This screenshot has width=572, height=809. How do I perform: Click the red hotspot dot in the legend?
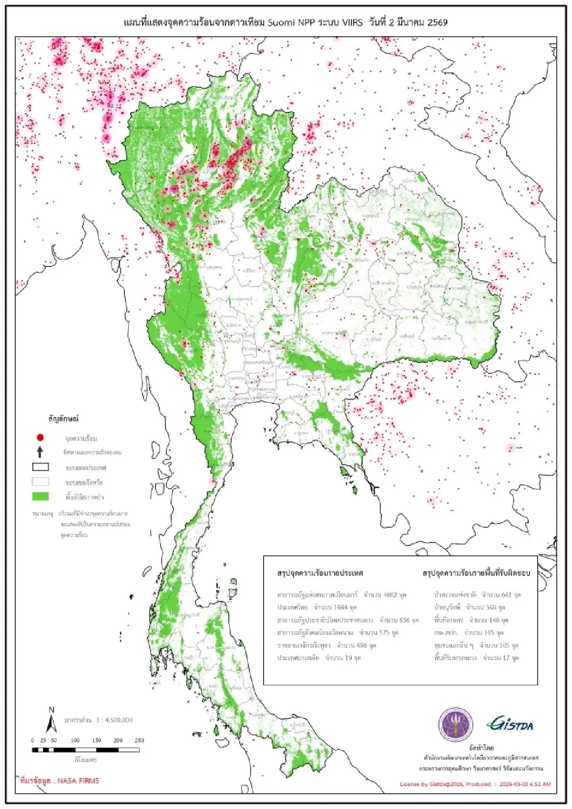(x=41, y=437)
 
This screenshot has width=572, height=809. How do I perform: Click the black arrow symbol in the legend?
(x=41, y=451)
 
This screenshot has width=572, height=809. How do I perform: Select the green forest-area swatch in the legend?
(x=41, y=496)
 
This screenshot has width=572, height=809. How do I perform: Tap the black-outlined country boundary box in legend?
(x=41, y=467)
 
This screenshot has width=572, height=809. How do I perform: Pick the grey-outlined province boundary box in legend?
(x=41, y=481)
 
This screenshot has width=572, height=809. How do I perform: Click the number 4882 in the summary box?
(x=390, y=595)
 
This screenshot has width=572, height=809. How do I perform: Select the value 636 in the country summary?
(x=405, y=620)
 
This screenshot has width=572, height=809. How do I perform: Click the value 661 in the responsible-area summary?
(x=506, y=595)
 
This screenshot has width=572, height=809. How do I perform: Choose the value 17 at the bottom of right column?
(x=506, y=658)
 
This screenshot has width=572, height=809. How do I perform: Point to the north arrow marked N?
(x=51, y=721)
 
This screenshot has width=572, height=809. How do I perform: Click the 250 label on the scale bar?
(x=139, y=740)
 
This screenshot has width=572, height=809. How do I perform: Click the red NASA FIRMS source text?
(x=60, y=780)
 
